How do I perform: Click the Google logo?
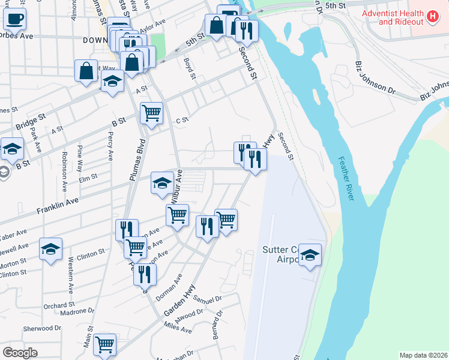point(20,353)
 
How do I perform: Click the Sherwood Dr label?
point(42,329)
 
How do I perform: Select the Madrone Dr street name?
point(77,311)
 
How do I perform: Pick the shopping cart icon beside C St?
point(151,112)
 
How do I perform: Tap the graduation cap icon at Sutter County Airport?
point(310,255)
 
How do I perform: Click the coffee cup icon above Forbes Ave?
point(14,18)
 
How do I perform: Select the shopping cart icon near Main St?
point(104,344)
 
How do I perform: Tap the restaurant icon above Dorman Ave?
point(145,274)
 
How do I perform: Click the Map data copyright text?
point(423,355)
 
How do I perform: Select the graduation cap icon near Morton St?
point(50,248)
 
